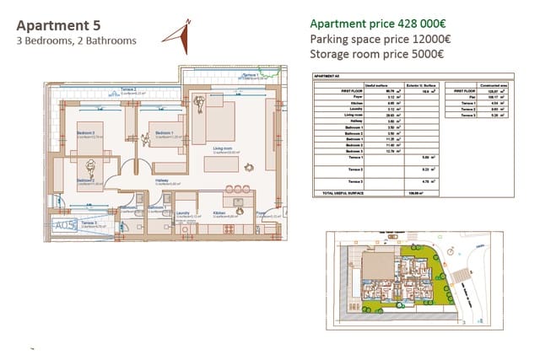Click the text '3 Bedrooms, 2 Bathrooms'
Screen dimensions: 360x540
[x=77, y=40]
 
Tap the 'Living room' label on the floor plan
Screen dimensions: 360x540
[x=223, y=148]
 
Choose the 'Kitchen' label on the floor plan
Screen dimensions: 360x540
[x=219, y=213]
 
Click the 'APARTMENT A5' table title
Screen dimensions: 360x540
[x=326, y=77]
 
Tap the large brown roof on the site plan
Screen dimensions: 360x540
[x=371, y=263]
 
